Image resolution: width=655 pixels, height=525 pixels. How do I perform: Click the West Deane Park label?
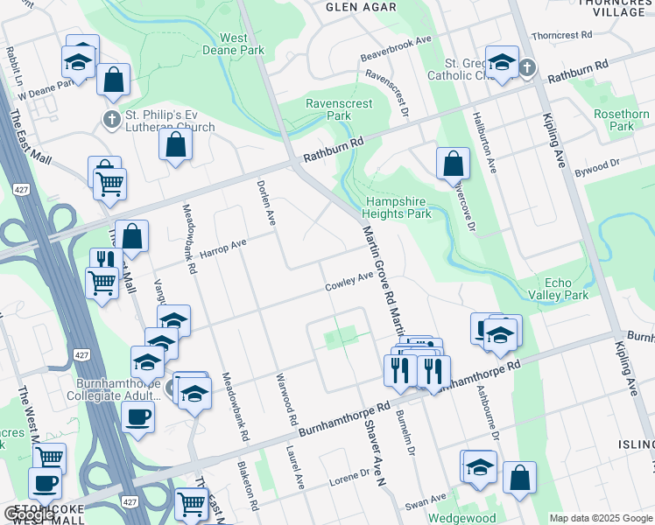242,44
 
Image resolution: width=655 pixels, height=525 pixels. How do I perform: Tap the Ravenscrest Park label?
339,109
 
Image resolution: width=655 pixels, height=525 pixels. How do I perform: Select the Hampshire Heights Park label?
398,206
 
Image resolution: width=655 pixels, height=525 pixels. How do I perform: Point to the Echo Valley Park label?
567,289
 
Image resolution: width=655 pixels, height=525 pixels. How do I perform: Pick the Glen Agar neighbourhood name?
361,7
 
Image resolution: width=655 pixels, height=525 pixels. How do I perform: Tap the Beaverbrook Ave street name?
397,49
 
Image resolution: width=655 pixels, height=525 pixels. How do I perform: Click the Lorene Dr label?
350,477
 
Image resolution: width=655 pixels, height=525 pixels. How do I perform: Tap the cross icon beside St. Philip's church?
111,120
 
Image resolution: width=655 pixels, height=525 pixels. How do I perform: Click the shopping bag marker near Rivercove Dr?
453,163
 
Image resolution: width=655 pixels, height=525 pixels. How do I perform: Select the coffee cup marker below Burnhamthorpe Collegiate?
138,416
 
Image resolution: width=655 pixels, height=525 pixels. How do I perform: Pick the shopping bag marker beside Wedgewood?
519,478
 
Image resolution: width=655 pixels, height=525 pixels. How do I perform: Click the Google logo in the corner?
29,514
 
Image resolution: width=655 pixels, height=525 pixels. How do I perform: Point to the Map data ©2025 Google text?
600,518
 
